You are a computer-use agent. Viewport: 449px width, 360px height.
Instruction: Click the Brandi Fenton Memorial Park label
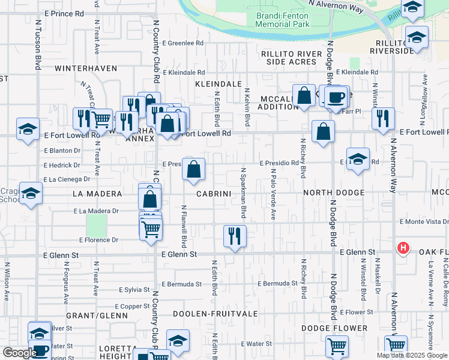click(x=282, y=20)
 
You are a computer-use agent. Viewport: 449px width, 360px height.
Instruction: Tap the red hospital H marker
click(x=404, y=248)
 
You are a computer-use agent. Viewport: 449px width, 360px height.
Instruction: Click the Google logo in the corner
click(x=19, y=353)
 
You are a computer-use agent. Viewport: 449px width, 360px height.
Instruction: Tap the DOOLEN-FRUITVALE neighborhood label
click(x=215, y=314)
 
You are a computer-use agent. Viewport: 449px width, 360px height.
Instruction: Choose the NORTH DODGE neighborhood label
click(x=334, y=193)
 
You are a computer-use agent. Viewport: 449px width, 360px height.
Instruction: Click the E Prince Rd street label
click(x=63, y=13)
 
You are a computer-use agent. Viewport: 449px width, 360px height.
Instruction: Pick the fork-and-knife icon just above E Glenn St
click(x=235, y=235)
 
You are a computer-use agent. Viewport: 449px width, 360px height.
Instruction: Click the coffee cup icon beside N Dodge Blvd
click(x=336, y=96)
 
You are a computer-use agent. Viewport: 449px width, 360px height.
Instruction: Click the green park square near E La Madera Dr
click(x=96, y=226)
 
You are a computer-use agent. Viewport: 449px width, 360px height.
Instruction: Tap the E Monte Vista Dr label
click(x=423, y=221)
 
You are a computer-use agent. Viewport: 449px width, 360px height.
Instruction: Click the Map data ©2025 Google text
click(x=412, y=355)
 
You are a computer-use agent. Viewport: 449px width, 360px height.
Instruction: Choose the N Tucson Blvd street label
click(x=38, y=45)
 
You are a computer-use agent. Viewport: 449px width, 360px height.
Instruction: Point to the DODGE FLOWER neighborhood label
click(x=334, y=328)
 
